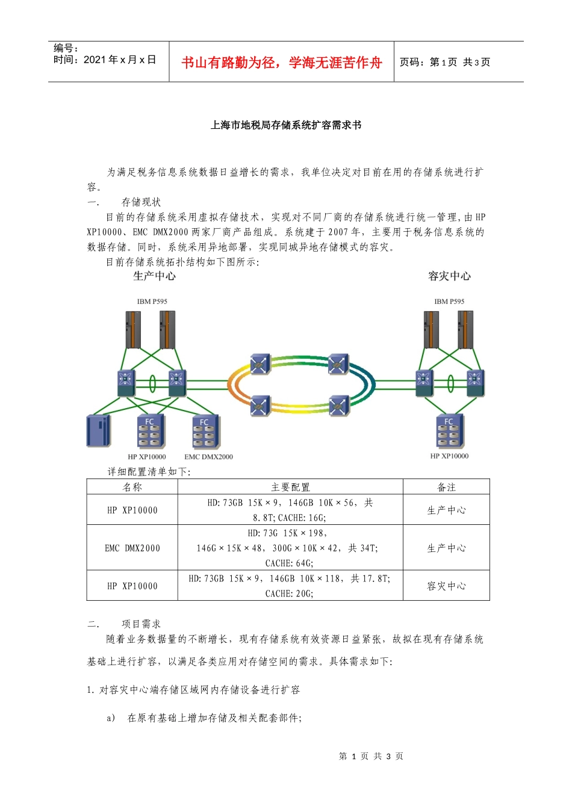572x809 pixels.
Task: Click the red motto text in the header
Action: (x=281, y=63)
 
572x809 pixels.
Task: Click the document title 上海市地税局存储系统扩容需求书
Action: (x=286, y=125)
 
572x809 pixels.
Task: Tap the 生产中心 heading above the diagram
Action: (x=154, y=276)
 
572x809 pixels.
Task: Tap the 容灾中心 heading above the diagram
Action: (x=449, y=276)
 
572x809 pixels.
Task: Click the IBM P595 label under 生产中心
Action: (x=152, y=302)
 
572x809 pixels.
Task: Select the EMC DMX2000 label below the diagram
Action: (x=208, y=457)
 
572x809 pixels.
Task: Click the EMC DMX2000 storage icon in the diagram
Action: (x=206, y=432)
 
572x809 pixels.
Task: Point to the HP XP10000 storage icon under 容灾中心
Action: (x=450, y=430)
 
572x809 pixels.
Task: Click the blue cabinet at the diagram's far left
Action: (x=99, y=430)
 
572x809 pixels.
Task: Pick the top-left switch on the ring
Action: (x=260, y=363)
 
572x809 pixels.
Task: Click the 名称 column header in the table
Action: (x=132, y=487)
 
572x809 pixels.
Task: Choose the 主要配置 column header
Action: (x=290, y=487)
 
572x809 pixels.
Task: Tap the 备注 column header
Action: (x=446, y=487)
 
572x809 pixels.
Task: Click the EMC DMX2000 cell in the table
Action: (x=132, y=548)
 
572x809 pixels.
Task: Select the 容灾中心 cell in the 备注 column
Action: (x=446, y=586)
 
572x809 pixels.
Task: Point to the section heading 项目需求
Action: (x=141, y=624)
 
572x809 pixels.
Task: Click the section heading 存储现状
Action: (x=141, y=202)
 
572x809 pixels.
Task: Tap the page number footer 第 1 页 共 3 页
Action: (x=371, y=756)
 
